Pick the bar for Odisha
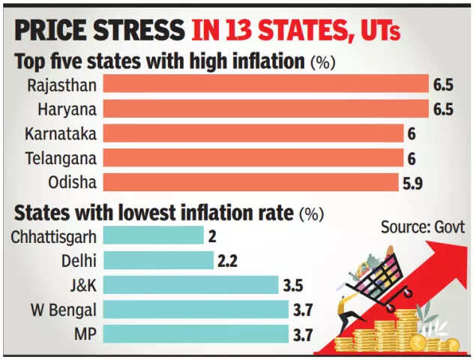click(x=250, y=182)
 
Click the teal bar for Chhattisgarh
click(x=153, y=236)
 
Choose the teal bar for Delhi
click(x=158, y=261)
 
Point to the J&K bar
click(x=190, y=285)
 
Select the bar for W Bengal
click(x=195, y=309)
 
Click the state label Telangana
click(x=61, y=158)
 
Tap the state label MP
click(x=83, y=334)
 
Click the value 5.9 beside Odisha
click(x=415, y=183)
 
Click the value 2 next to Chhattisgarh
click(x=214, y=236)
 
